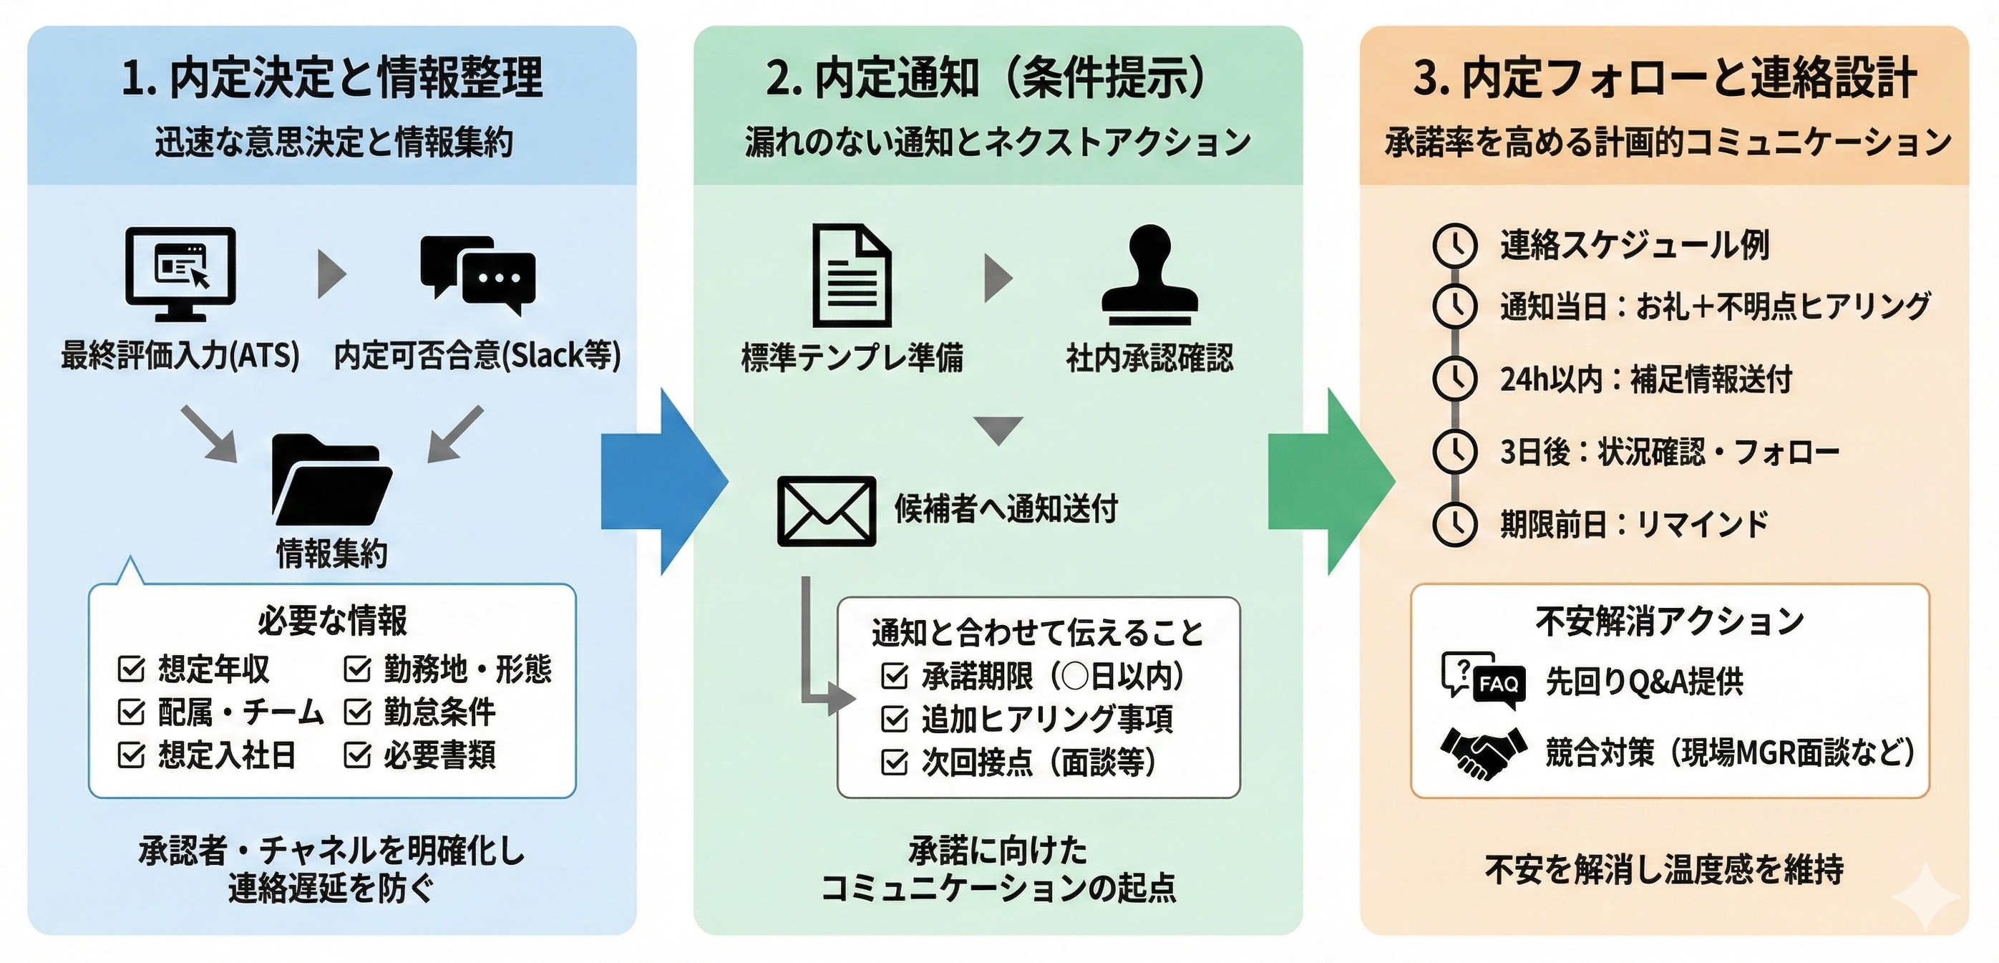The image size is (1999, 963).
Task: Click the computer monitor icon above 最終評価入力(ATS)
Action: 180,273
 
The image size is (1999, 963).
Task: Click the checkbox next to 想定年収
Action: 130,668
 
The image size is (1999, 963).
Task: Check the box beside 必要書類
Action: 357,754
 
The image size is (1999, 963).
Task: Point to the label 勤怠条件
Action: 439,712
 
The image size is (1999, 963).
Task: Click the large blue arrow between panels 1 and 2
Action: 663,481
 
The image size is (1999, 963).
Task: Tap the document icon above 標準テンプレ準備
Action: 851,276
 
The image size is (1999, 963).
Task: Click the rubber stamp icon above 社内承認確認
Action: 1149,276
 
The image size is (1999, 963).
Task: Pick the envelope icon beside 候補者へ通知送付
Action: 827,510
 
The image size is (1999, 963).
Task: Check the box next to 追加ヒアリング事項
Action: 894,720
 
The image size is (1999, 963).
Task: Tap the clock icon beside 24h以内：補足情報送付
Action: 1454,379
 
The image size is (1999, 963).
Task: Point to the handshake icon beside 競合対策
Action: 1482,752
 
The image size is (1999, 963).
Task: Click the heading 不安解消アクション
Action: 1669,621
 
